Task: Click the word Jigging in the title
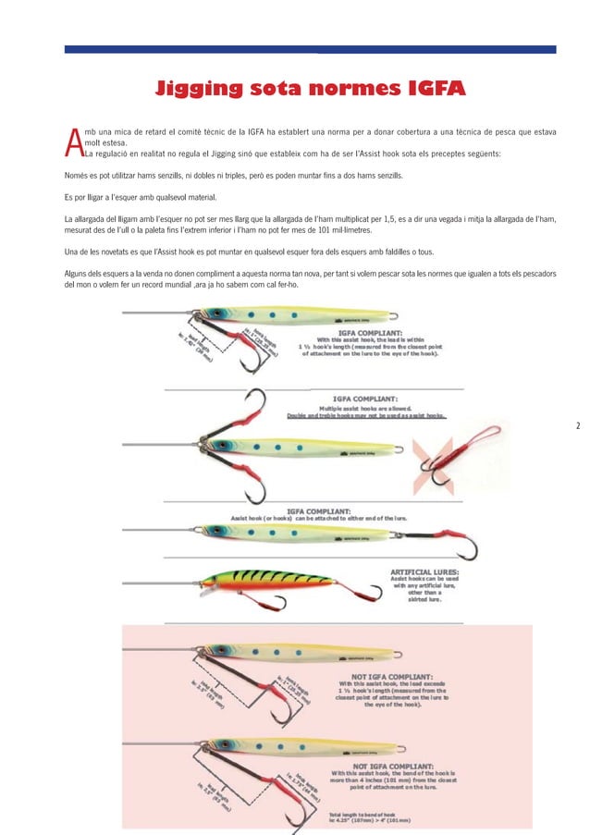205,89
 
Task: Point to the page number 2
577,426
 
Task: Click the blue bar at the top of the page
310,49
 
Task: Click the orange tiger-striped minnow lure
268,580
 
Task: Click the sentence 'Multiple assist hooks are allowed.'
364,407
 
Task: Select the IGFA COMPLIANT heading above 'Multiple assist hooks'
364,398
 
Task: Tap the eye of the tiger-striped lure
215,580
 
